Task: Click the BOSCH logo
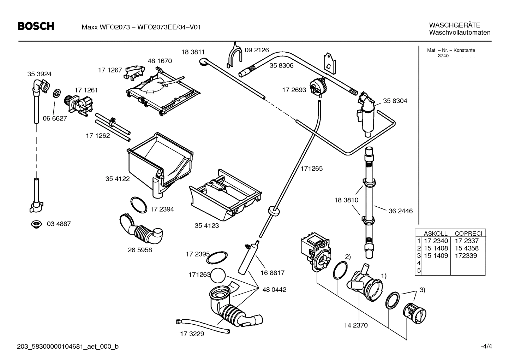click(36, 26)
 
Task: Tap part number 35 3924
click(39, 74)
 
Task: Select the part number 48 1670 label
click(160, 61)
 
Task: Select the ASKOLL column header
click(435, 234)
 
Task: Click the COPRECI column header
click(468, 234)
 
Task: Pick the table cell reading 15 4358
click(467, 248)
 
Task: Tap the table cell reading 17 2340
click(436, 241)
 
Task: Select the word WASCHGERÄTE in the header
click(454, 25)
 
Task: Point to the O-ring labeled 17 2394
click(138, 205)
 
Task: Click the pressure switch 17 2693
click(317, 87)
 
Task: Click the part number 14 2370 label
click(355, 325)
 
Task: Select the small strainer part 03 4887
click(36, 224)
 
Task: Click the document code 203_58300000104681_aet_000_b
click(68, 347)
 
